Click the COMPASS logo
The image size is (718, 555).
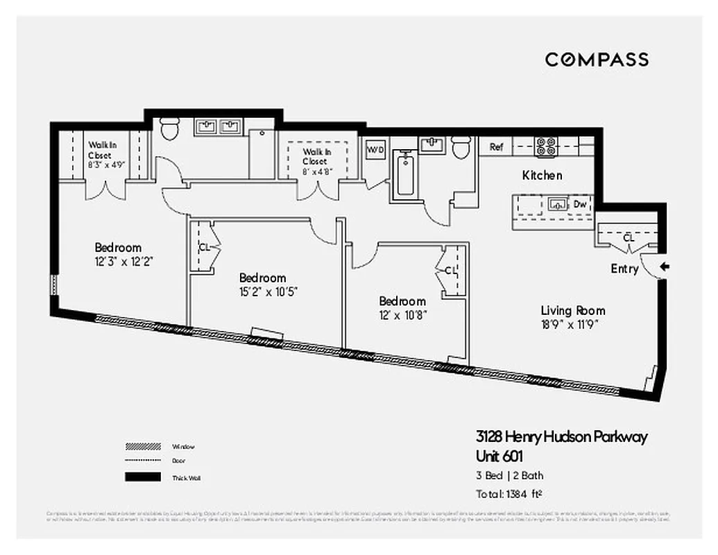[x=597, y=60]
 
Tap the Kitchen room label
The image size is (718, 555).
[x=542, y=176]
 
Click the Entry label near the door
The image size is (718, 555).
[x=624, y=268]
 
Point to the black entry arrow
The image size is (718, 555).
[x=664, y=266]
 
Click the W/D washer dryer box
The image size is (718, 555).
[x=375, y=149]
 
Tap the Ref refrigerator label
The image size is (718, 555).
[x=497, y=147]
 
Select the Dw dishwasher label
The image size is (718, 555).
[x=580, y=204]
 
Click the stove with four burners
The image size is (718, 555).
[x=547, y=146]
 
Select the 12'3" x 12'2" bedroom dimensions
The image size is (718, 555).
[x=118, y=262]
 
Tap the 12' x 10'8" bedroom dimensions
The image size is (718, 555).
[x=402, y=314]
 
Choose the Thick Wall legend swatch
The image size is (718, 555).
[x=143, y=477]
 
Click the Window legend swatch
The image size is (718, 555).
[x=143, y=446]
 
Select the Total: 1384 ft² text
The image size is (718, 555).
[x=508, y=494]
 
